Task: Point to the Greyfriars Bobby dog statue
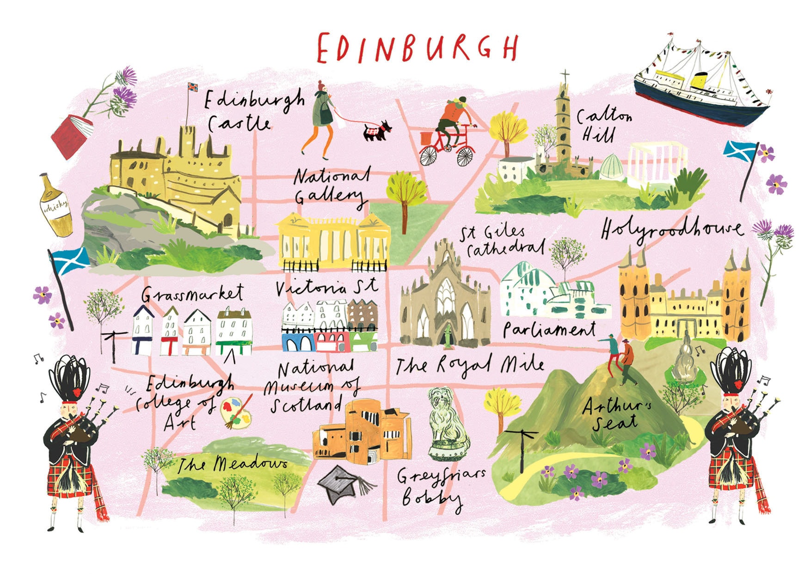(x=447, y=424)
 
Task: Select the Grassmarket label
(x=192, y=293)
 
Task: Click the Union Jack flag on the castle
(x=192, y=87)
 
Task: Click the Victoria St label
(x=326, y=287)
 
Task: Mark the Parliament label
(x=549, y=330)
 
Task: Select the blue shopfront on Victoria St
(x=298, y=343)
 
